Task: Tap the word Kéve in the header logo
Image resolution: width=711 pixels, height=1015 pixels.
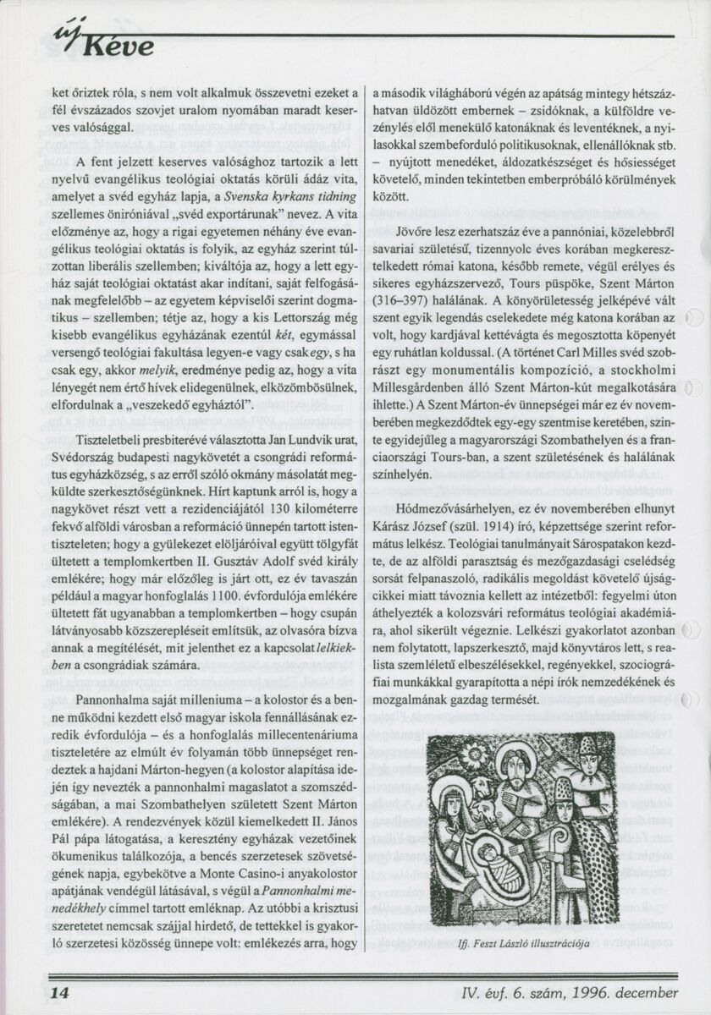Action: [x=118, y=46]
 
